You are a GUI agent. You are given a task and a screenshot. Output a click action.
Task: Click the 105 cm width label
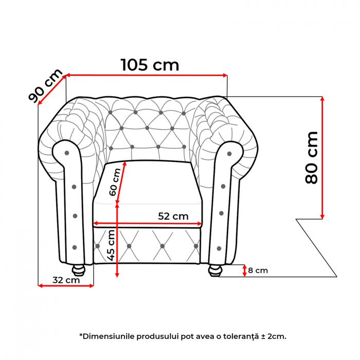coord(150,65)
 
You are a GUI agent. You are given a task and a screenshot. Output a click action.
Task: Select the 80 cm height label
coord(311,157)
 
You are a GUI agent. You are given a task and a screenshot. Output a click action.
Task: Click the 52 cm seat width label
coord(173,217)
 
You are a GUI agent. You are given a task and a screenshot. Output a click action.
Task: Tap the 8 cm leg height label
coord(258,271)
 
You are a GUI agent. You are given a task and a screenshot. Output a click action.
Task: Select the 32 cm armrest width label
coord(66,280)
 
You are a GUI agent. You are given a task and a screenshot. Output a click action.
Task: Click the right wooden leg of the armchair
coord(215,270)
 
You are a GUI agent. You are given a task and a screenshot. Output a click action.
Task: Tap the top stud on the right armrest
coord(229,153)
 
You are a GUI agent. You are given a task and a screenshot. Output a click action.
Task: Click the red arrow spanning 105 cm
coord(147,76)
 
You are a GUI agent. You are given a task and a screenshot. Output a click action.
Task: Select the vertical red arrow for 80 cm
coord(322,157)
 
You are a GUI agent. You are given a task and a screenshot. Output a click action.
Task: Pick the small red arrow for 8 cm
coord(245,271)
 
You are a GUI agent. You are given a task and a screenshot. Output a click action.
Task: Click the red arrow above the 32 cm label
coord(66,285)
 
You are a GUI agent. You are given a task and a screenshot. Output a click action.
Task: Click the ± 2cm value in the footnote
coord(276,336)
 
